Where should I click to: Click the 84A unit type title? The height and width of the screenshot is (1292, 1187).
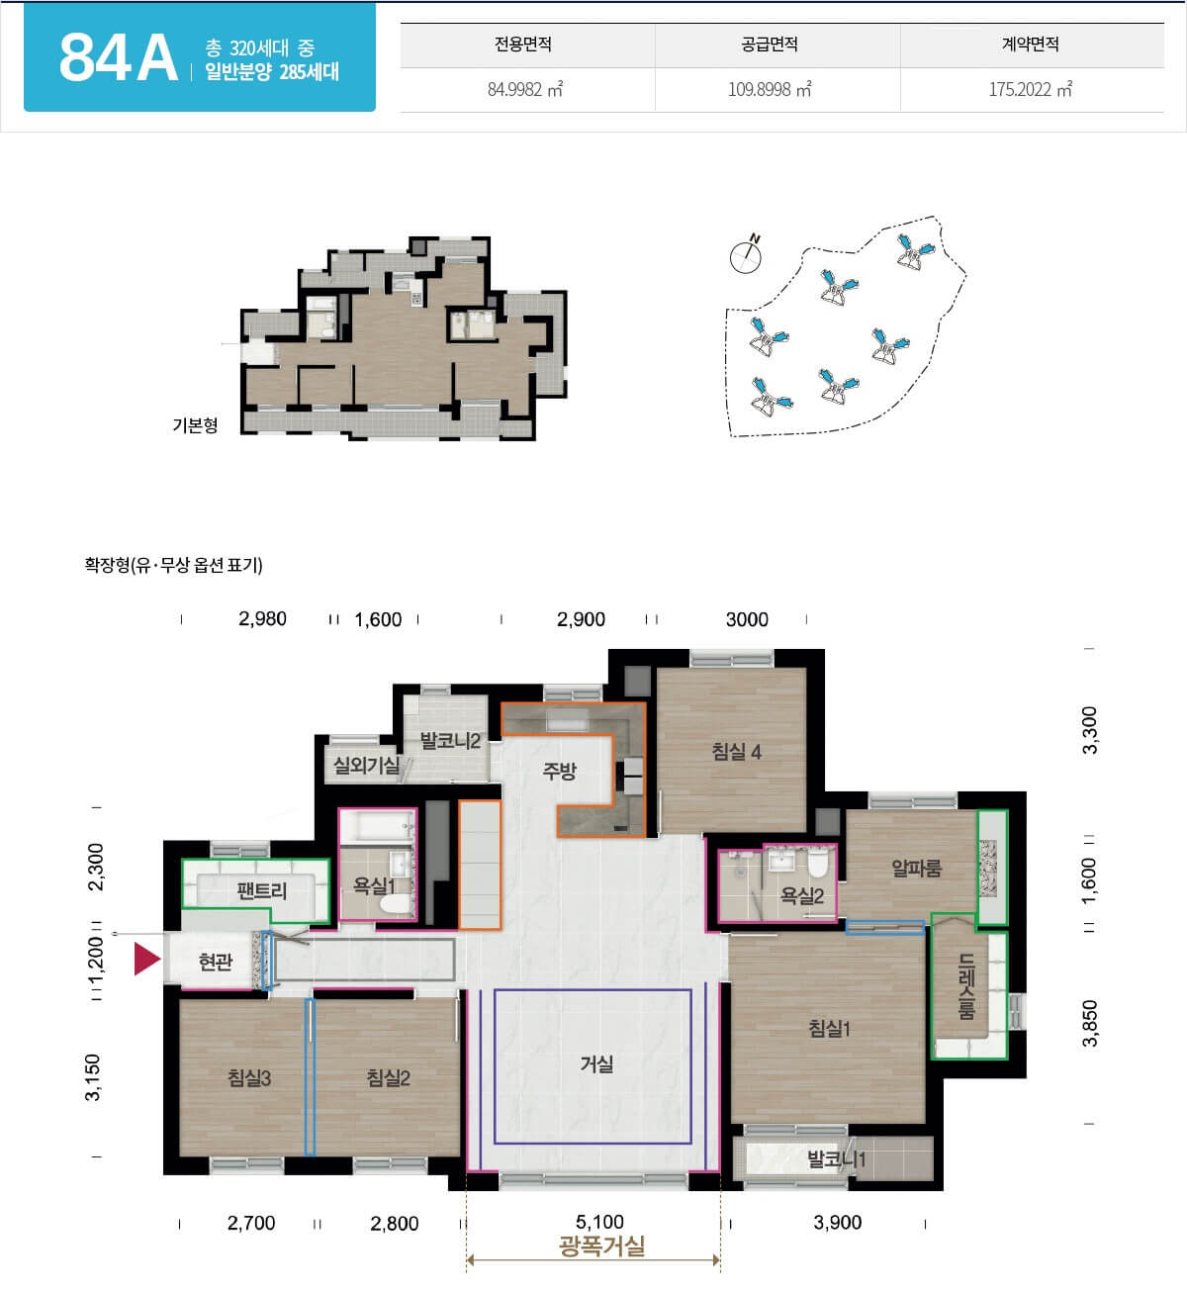point(119,58)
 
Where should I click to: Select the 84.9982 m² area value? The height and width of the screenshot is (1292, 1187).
point(525,89)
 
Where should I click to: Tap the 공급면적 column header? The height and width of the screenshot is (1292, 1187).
point(769,45)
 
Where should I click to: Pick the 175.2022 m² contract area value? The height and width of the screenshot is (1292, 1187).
point(1031,89)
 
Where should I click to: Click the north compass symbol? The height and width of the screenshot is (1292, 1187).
point(746,255)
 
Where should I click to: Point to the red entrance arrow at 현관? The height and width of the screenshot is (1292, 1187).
point(146,959)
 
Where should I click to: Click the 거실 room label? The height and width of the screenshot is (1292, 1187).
point(596,1063)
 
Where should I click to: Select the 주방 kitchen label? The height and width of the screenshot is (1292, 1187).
point(559,771)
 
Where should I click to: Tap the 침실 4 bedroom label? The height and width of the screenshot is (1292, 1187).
point(736,751)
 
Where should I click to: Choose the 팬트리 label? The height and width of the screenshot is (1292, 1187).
point(261,890)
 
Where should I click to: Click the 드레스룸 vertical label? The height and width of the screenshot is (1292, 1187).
point(966,986)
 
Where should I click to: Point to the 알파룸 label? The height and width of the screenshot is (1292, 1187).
point(917,868)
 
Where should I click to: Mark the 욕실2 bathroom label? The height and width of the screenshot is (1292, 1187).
point(802,895)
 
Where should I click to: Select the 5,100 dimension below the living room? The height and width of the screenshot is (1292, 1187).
point(599,1222)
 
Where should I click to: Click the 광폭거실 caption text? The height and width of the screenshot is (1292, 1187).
point(601,1246)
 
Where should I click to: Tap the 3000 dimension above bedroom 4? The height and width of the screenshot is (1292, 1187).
point(747,619)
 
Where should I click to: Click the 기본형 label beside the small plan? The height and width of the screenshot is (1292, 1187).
point(195,425)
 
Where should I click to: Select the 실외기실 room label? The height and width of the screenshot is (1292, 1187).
point(366,765)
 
